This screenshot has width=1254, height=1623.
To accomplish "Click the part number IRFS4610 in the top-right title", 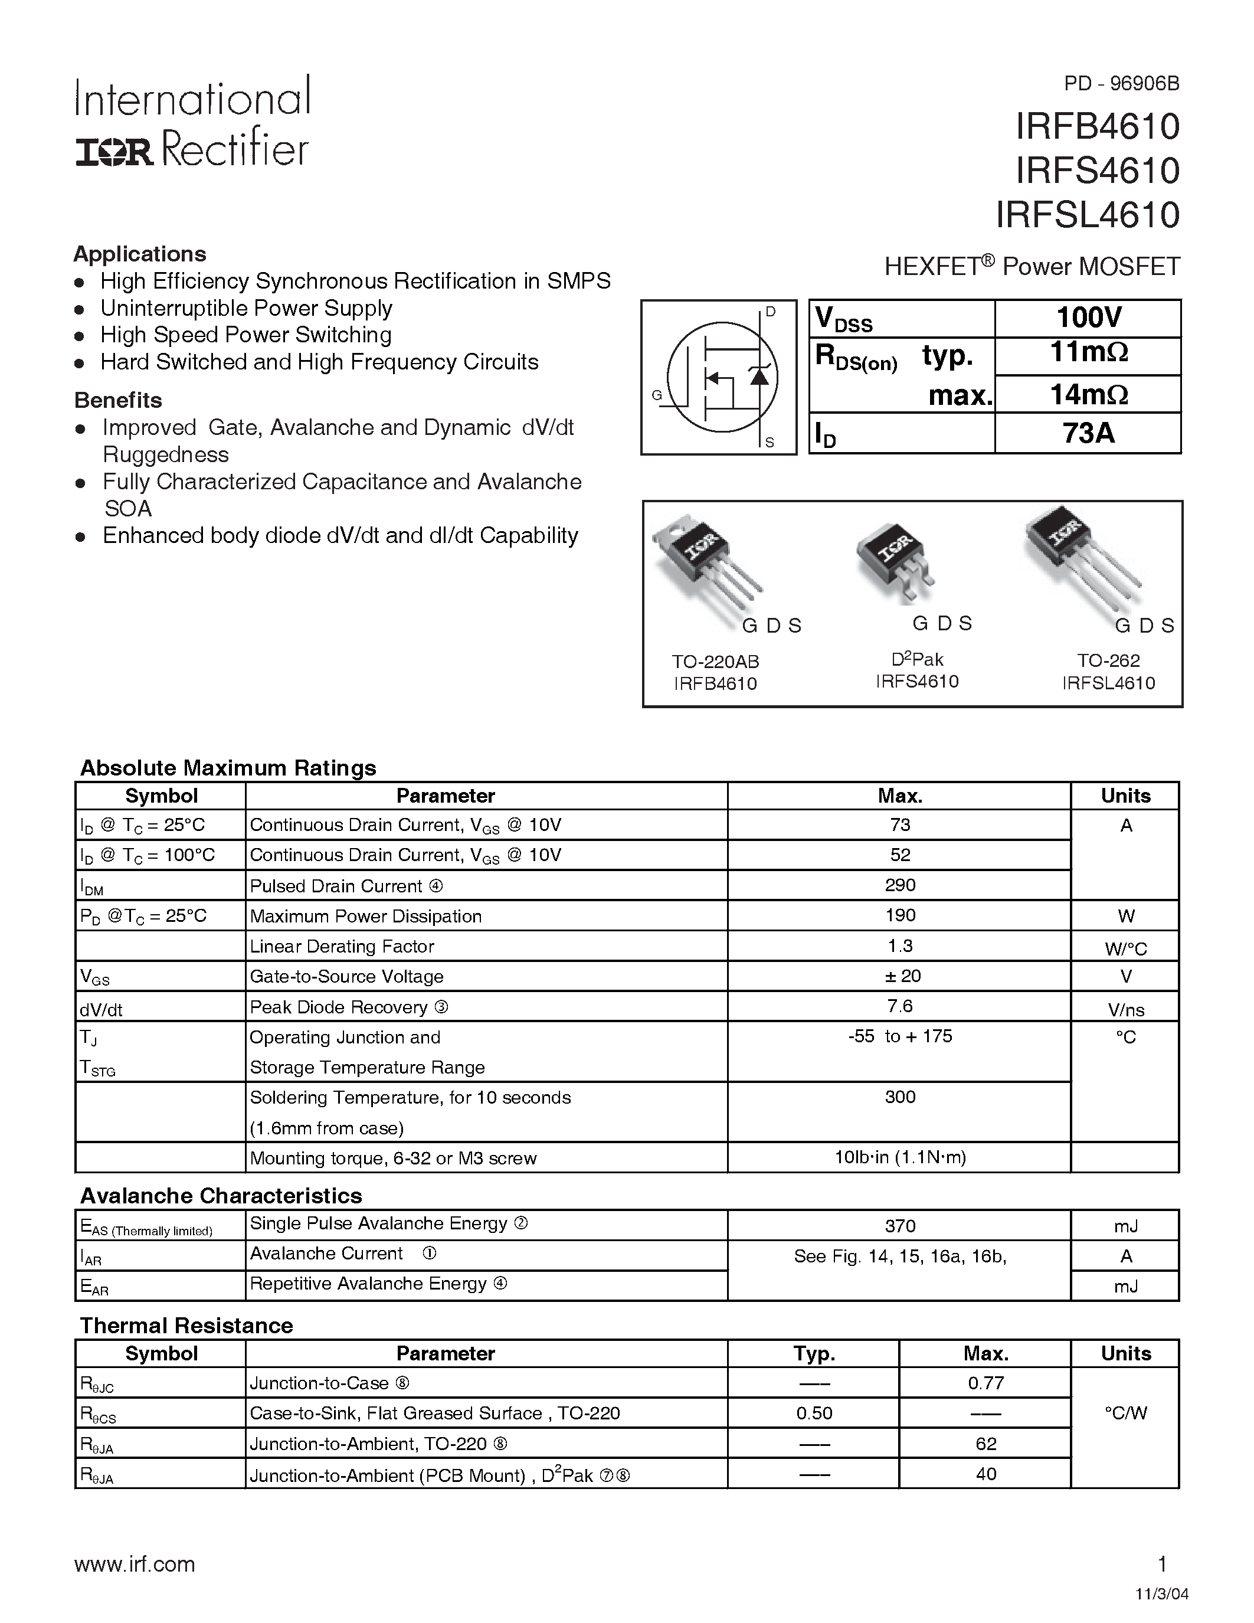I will pos(1097,171).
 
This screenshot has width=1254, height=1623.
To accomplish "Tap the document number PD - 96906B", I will pos(1121,83).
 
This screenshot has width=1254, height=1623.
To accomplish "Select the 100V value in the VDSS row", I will pos(1088,318).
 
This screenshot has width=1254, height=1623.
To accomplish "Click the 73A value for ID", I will pos(1088,433).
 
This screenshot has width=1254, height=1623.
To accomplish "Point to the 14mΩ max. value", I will pos(1088,394).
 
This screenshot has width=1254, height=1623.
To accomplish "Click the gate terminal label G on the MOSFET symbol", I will pos(657,395).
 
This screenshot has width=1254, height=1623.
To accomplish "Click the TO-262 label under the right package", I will pos(1108,660).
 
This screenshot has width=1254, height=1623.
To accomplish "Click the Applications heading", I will pos(140,254).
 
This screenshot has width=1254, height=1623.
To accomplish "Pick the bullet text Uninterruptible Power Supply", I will pos(246,309).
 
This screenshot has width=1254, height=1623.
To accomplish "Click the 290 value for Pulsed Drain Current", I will pos(900,885).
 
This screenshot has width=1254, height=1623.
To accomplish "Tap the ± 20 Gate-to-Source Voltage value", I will pos(902,976).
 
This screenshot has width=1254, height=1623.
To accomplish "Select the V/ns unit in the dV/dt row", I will pos(1125,1010).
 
